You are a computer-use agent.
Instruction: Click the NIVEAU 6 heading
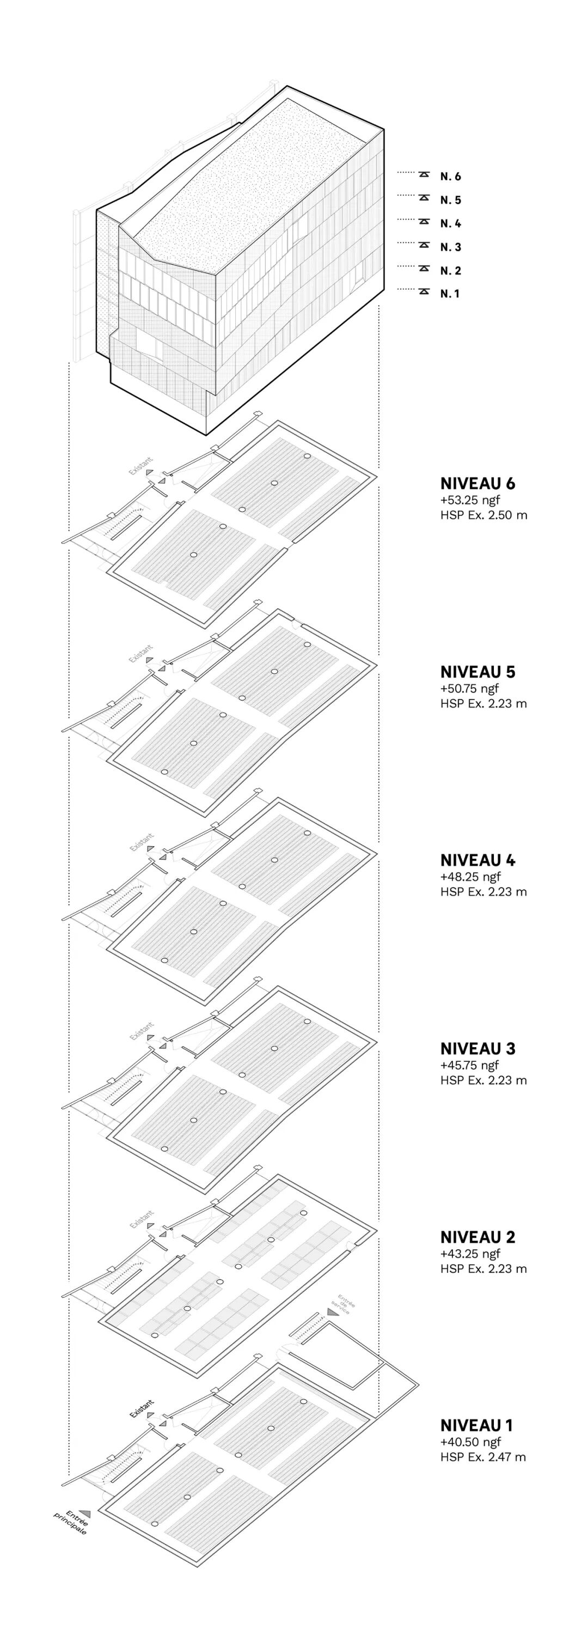pyautogui.click(x=477, y=484)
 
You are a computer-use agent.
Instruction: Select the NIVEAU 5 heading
pyautogui.click(x=477, y=672)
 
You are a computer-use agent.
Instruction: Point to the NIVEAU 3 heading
pyautogui.click(x=477, y=1049)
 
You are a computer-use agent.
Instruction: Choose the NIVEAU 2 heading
pyautogui.click(x=477, y=1237)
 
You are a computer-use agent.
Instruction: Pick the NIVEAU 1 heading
pyautogui.click(x=476, y=1425)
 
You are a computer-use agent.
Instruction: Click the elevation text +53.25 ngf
pyautogui.click(x=470, y=500)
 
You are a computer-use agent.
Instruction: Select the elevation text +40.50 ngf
pyautogui.click(x=470, y=1442)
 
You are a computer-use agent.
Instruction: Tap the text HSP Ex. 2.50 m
pyautogui.click(x=483, y=515)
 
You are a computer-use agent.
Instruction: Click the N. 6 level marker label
pyautogui.click(x=450, y=177)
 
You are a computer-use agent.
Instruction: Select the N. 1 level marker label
pyautogui.click(x=449, y=294)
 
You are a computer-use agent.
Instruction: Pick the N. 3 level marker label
pyautogui.click(x=450, y=247)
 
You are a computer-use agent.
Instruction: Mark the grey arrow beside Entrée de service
pyautogui.click(x=331, y=1312)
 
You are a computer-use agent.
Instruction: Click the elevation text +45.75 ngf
pyautogui.click(x=470, y=1065)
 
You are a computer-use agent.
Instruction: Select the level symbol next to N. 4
pyautogui.click(x=424, y=222)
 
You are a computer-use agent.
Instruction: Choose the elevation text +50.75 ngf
pyautogui.click(x=470, y=689)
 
